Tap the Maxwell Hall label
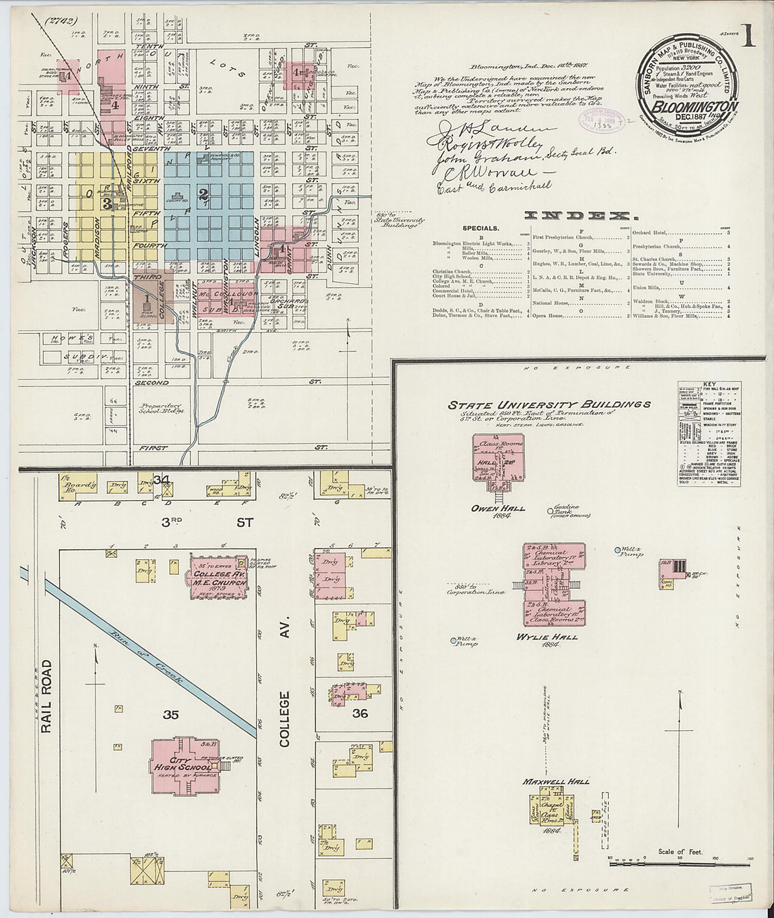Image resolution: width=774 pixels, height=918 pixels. (555, 782)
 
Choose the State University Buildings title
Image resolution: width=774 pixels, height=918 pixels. (550, 404)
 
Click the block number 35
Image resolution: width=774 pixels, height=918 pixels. (171, 715)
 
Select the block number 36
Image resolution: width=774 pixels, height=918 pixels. (360, 713)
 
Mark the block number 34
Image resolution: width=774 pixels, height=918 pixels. (163, 480)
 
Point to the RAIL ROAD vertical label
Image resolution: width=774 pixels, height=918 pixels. (46, 696)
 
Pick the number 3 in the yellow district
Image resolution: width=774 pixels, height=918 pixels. (107, 204)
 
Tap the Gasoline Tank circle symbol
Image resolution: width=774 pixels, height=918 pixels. (551, 510)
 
